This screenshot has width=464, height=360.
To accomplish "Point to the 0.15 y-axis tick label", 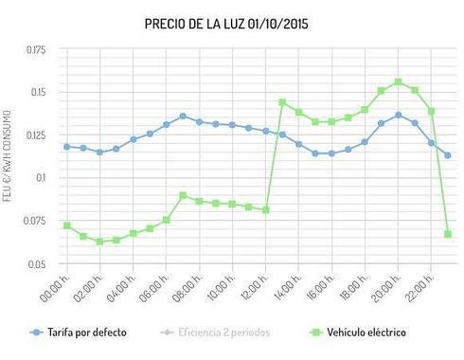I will (37, 92).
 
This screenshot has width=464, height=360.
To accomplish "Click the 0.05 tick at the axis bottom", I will (37, 263).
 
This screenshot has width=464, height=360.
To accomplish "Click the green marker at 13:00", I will (282, 101).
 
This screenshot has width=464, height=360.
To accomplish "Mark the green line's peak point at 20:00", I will (398, 81).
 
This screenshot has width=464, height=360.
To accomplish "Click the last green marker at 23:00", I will (448, 234).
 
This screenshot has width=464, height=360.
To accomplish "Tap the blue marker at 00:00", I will (66, 146).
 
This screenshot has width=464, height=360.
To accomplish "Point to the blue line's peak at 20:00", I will (398, 115).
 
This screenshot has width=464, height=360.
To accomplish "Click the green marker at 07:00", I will (183, 195).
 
